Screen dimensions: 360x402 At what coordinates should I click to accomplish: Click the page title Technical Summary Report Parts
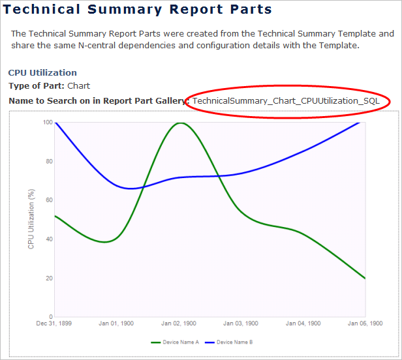[138, 10]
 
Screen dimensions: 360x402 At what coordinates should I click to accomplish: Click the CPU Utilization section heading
[42, 73]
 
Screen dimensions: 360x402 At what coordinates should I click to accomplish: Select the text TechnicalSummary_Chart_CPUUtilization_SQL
[285, 101]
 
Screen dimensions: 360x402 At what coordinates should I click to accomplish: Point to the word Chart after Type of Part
[79, 85]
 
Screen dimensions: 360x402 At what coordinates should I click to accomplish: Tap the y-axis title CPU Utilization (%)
[31, 218]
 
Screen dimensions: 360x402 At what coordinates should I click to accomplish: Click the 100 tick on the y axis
[48, 123]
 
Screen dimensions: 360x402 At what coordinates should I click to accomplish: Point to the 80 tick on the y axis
[49, 161]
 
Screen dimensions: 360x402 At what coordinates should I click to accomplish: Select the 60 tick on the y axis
[49, 200]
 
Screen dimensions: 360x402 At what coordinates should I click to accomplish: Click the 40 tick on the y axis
[49, 239]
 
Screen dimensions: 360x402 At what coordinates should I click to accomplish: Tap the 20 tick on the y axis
[49, 278]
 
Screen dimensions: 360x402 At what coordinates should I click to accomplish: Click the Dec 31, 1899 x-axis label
[55, 323]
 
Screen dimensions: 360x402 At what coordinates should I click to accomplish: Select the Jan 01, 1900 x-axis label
[117, 323]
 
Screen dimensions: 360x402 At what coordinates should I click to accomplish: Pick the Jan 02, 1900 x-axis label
[179, 323]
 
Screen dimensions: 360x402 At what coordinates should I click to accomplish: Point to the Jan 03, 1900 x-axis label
[241, 323]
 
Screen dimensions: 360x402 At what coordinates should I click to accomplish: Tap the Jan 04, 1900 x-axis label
[303, 323]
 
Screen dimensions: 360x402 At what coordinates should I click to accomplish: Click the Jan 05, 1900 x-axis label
[365, 323]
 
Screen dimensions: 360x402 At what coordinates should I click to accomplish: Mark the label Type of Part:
[37, 85]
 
